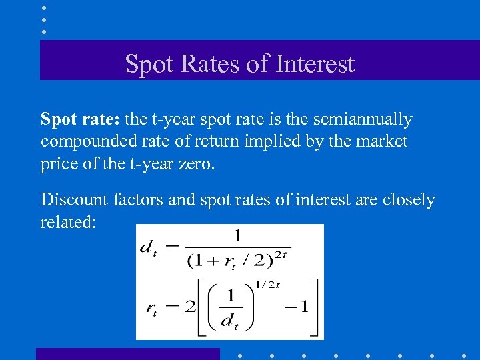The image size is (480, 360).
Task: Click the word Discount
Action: click(x=73, y=199)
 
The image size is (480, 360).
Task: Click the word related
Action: click(x=67, y=222)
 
